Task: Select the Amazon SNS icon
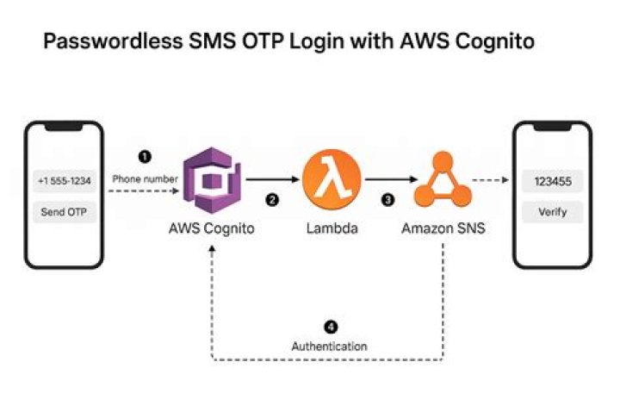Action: [x=441, y=180]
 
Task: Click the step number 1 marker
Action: [x=145, y=157]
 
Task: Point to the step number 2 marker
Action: [x=272, y=200]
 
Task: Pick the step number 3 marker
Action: [x=388, y=200]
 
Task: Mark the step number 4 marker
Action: [x=330, y=327]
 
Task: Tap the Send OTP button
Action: [x=64, y=211]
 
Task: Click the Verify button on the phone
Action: [x=552, y=211]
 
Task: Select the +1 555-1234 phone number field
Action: [x=64, y=181]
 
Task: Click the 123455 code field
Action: [x=552, y=181]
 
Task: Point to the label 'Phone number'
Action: [x=145, y=178]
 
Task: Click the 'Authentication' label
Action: [x=330, y=346]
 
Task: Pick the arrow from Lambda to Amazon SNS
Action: [x=388, y=180]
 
